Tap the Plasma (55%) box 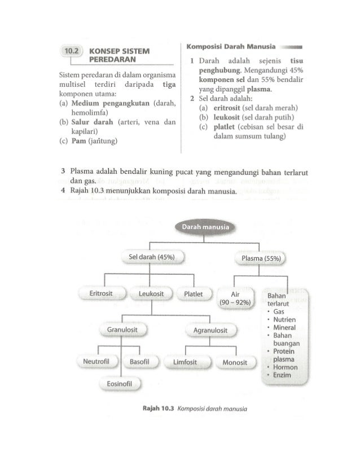[x=260, y=259]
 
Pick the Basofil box [x=139, y=361]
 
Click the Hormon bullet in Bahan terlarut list [x=284, y=367]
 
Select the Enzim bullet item [x=282, y=376]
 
